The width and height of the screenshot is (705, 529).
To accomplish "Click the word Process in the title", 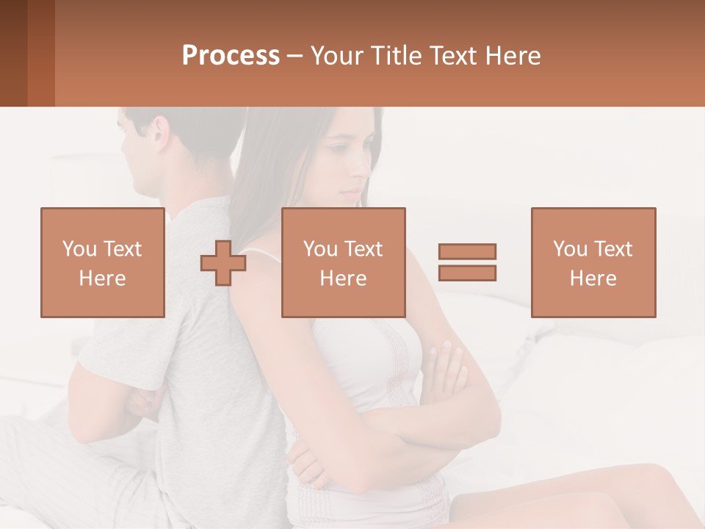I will click(x=231, y=56).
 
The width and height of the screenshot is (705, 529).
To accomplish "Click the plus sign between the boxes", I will click(x=223, y=263).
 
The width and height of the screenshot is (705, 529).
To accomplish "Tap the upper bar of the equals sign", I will click(x=467, y=251).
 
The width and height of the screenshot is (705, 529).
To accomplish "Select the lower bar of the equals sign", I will click(x=467, y=273).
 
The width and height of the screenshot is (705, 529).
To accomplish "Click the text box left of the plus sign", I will click(x=102, y=262).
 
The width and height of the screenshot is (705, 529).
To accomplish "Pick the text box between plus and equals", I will click(x=343, y=262).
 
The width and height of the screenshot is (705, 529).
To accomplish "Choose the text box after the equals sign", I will click(x=593, y=262).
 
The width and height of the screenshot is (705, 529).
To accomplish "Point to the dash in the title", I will click(x=295, y=57).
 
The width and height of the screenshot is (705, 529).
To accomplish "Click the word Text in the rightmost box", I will click(x=612, y=249).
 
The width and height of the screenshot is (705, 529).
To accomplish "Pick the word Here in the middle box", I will click(x=343, y=278).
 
